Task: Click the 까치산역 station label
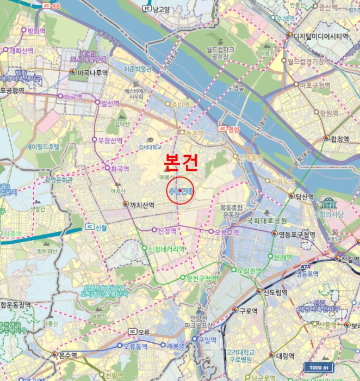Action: point(142,205)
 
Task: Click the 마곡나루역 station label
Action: point(92,72)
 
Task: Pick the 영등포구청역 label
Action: point(296,235)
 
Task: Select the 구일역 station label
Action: point(206,339)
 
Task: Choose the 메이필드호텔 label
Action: point(43,147)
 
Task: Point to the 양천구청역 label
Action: point(201,278)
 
